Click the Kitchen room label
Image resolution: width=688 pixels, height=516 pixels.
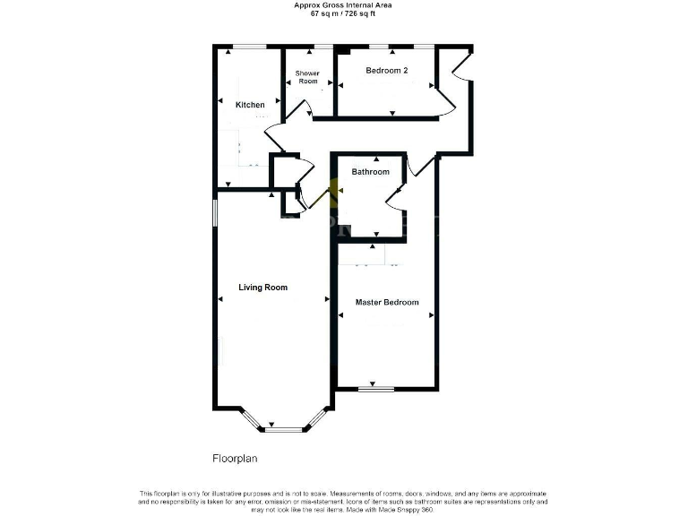pos(250,105)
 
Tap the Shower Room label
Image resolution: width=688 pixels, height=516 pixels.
pos(307,77)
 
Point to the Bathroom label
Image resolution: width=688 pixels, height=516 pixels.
pos(370,171)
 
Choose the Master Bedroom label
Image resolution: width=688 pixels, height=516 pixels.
pos(387,302)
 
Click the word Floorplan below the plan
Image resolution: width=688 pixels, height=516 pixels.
pos(235,458)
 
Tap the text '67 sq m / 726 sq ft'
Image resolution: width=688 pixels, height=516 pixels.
pos(343,14)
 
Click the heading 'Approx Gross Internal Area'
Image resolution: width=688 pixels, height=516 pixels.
pos(343,5)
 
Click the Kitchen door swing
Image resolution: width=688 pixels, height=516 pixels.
pos(274,134)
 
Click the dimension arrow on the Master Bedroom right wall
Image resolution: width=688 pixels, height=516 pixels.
pos(431,315)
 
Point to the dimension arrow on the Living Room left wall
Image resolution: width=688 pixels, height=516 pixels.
pos(219,298)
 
